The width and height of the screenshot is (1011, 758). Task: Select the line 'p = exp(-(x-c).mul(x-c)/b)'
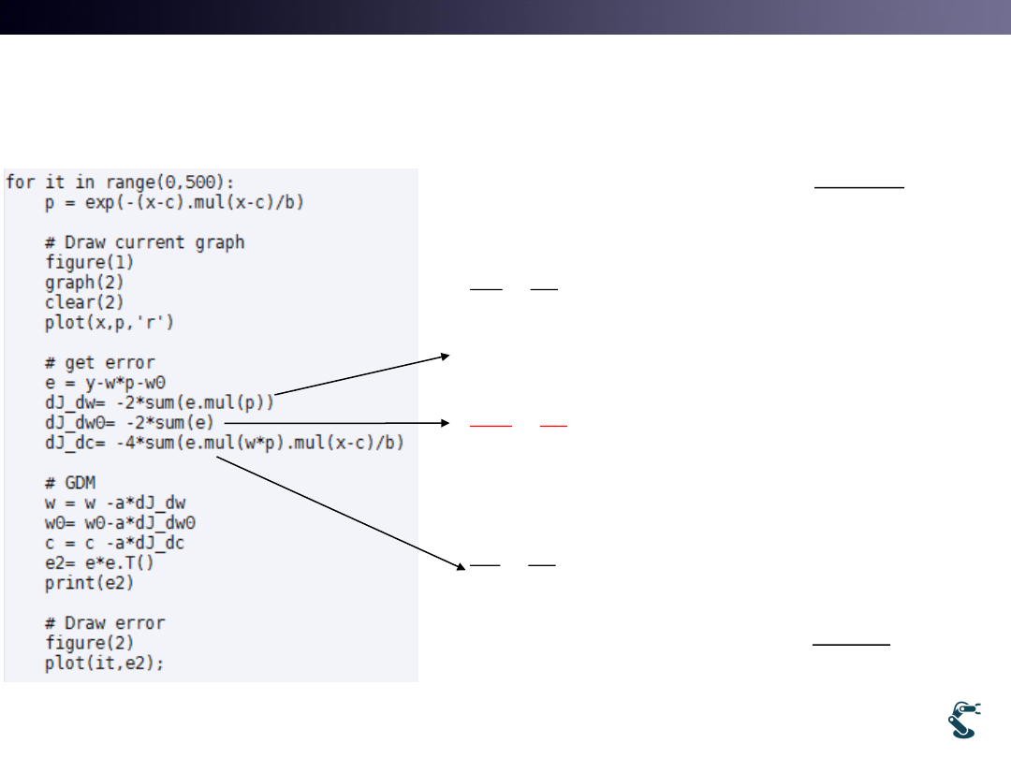click(x=175, y=201)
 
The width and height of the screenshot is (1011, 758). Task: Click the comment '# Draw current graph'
click(x=144, y=242)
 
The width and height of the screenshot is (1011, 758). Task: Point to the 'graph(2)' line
click(x=84, y=282)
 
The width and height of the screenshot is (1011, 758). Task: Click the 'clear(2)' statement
click(x=84, y=301)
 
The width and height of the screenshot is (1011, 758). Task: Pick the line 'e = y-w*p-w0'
click(x=110, y=382)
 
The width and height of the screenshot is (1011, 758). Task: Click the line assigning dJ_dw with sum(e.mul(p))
click(x=159, y=402)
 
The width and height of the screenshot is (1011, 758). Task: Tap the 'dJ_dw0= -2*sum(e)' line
click(x=136, y=422)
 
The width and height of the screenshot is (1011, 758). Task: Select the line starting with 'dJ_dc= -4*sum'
click(x=225, y=442)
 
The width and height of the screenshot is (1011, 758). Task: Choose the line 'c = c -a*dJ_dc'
click(x=121, y=543)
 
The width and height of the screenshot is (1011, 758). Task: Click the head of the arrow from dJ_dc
click(x=462, y=567)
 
